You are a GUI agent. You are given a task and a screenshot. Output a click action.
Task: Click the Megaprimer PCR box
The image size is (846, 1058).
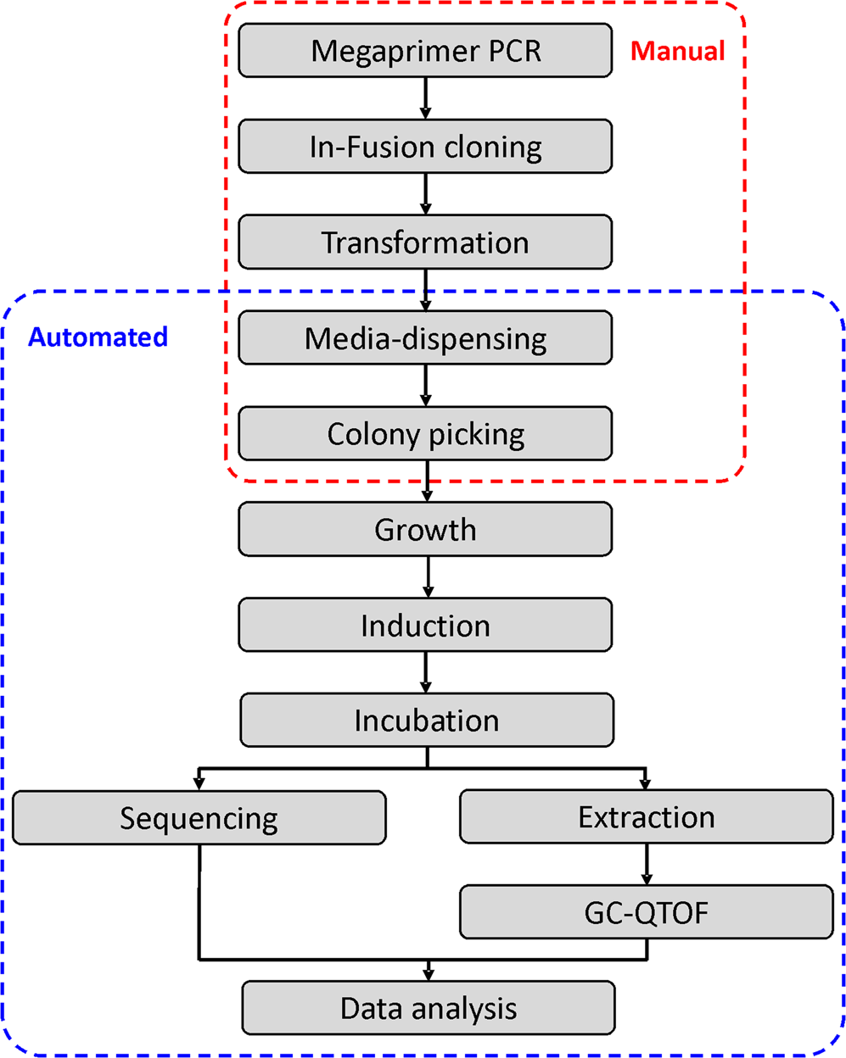[425, 51]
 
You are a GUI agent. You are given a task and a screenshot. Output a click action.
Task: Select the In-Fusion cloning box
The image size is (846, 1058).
[425, 147]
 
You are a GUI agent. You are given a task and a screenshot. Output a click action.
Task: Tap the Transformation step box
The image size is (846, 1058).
[425, 242]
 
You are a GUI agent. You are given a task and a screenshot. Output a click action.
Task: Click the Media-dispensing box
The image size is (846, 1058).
[425, 338]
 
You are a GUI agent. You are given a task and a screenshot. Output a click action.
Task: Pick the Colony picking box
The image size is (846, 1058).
[425, 434]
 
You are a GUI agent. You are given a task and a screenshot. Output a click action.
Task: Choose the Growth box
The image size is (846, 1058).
[425, 530]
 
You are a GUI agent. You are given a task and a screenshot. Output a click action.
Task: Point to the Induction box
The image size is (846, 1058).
[425, 626]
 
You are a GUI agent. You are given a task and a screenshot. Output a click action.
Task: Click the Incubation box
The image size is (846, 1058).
[427, 721]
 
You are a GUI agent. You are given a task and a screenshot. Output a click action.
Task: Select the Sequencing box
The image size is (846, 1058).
[199, 818]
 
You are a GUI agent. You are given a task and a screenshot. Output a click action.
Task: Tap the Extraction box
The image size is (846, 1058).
[647, 817]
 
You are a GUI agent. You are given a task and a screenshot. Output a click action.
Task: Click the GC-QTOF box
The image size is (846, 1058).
[647, 913]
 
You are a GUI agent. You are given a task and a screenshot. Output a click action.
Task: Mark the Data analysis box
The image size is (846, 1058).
[429, 1009]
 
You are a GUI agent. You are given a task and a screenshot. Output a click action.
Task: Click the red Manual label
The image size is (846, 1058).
[677, 51]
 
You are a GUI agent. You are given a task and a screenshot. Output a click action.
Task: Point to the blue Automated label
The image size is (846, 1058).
[98, 337]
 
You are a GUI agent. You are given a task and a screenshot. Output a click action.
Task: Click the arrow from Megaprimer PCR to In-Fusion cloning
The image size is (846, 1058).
[426, 98]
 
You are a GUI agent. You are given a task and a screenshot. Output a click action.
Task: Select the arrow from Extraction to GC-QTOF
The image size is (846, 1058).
[647, 865]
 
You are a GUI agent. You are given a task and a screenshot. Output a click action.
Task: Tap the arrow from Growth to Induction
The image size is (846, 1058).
[428, 577]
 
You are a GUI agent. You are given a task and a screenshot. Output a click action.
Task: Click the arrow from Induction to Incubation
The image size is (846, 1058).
[426, 673]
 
